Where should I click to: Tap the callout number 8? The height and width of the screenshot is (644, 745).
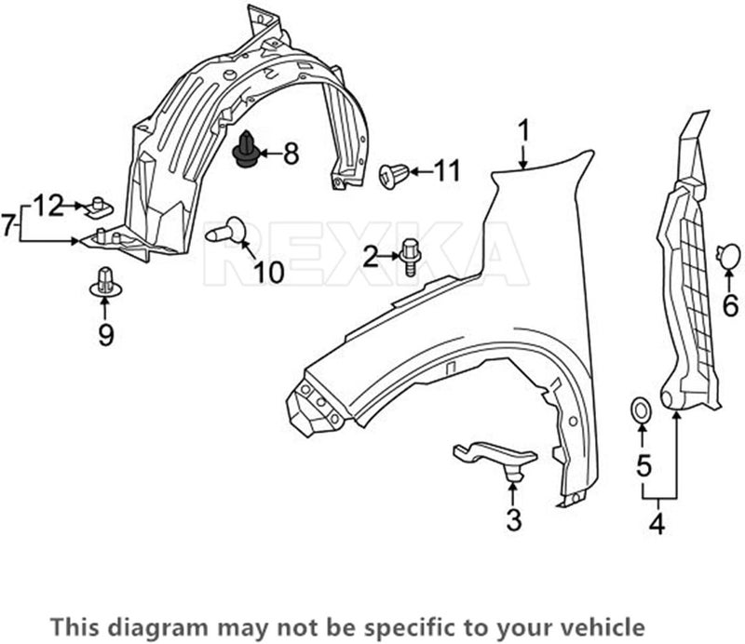point(291,154)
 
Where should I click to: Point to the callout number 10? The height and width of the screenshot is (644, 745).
point(268,272)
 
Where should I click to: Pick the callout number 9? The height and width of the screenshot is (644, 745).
point(105,333)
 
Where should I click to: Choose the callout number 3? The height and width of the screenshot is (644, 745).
point(514,520)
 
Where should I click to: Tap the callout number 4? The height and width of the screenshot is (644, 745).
point(657,524)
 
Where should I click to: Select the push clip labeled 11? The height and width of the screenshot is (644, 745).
point(395,174)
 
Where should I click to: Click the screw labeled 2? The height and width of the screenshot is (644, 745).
point(411,255)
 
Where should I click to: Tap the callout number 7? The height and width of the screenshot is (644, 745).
point(7,223)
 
